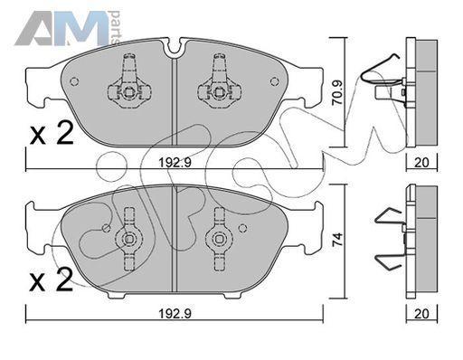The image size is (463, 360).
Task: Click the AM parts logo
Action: pos(68,28)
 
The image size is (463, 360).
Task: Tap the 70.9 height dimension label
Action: pos(337,92)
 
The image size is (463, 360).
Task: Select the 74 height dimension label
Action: pos(337,240)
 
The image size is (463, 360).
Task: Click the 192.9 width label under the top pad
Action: pos(175,163)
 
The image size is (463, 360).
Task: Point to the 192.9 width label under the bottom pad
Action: pos(175,314)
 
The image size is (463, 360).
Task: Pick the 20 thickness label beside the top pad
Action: pos(421,163)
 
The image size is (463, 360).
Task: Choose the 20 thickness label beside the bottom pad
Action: pos(421,314)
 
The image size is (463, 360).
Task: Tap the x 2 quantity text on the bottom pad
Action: pos(52,280)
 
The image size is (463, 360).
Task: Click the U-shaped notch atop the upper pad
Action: pos(174,48)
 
